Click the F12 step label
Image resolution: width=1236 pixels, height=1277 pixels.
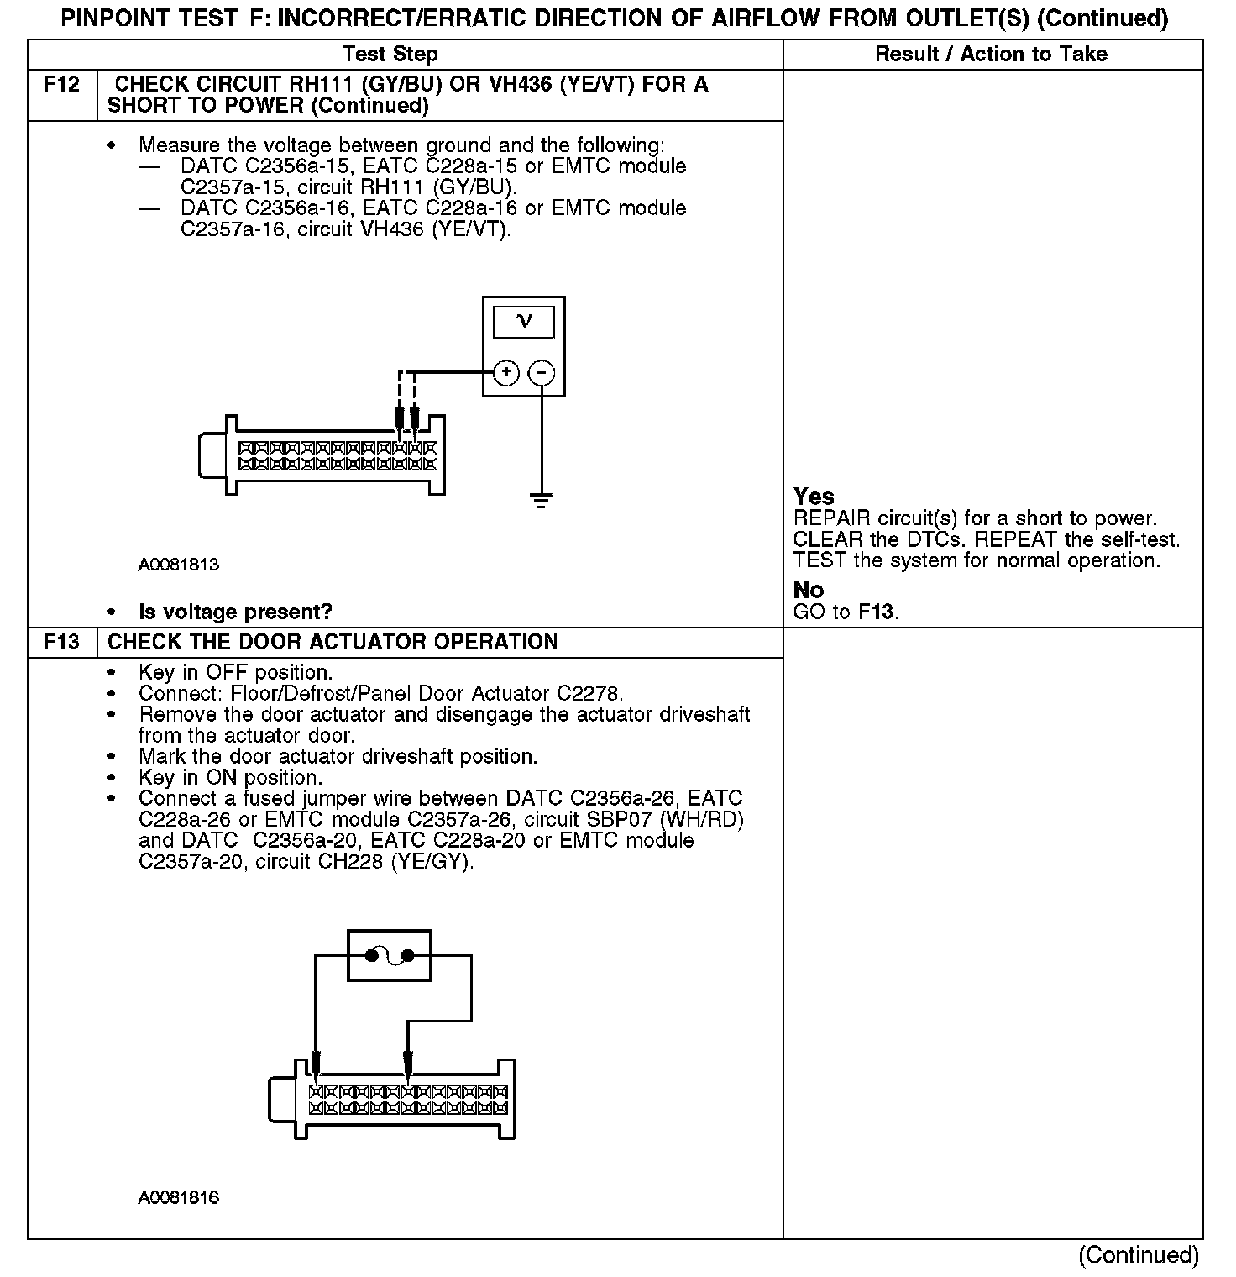[61, 85]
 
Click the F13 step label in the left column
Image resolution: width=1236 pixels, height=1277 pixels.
[61, 643]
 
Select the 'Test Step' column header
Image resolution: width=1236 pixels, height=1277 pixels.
[390, 55]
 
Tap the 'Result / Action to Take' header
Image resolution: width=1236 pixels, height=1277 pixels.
[991, 55]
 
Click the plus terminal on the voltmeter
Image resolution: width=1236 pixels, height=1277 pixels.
[506, 372]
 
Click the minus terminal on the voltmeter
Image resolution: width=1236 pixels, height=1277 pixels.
[542, 372]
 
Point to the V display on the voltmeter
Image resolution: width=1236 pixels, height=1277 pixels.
[524, 322]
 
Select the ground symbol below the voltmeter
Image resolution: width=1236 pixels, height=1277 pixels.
[542, 502]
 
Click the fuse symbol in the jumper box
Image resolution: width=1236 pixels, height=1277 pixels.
[390, 955]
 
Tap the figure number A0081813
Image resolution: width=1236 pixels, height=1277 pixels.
[179, 565]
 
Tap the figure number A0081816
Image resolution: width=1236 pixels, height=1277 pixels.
[179, 1198]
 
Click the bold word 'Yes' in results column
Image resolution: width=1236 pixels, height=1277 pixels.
[814, 497]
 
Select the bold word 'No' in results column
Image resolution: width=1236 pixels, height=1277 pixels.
[808, 590]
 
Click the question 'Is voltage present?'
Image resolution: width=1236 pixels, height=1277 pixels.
[235, 612]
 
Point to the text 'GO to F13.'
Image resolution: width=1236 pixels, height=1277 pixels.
[846, 612]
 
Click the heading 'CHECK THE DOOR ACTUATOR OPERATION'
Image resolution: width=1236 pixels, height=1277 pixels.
[333, 643]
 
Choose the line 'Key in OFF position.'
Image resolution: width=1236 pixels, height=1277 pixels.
[235, 673]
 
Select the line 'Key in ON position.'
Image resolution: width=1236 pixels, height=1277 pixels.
[230, 778]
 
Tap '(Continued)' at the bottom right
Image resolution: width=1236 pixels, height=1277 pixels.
[1138, 1255]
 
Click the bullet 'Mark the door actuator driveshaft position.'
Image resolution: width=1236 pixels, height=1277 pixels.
[338, 757]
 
